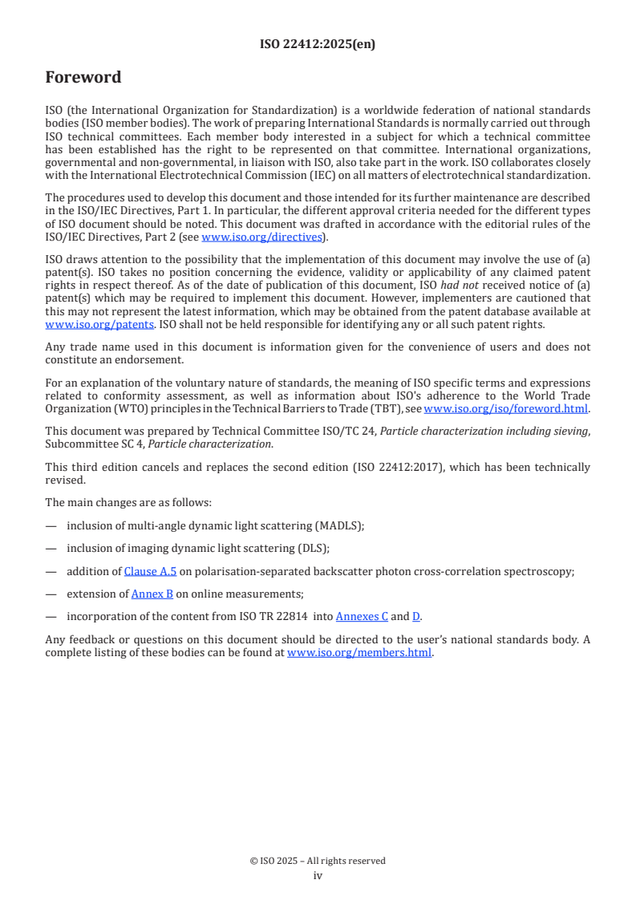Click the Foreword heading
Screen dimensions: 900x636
pos(83,78)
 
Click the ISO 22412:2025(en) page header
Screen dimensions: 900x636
pos(318,45)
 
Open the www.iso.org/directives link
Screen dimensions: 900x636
pos(261,237)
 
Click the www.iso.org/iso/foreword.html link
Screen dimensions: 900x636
pos(506,409)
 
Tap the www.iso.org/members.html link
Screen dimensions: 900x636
pos(359,652)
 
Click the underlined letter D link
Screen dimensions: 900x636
pos(416,616)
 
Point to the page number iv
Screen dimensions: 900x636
pos(318,876)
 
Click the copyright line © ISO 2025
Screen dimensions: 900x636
pos(318,861)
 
